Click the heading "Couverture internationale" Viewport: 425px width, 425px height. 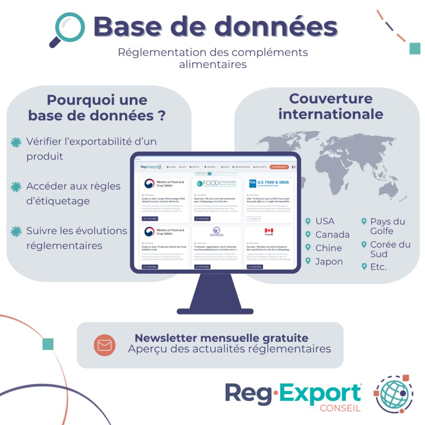(x=330, y=106)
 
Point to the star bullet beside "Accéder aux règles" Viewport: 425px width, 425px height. (x=16, y=187)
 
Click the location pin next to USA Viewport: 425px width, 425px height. (x=308, y=221)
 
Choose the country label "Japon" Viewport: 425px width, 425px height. (x=329, y=261)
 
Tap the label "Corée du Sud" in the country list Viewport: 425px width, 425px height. (x=390, y=249)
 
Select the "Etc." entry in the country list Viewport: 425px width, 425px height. (x=378, y=267)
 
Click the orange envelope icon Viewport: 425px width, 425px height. (x=104, y=345)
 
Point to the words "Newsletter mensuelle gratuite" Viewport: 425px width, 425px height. (x=221, y=337)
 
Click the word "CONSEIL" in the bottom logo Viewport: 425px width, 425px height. (x=340, y=408)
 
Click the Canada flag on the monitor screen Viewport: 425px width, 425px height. (x=269, y=231)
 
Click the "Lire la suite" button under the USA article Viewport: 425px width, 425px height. (x=254, y=218)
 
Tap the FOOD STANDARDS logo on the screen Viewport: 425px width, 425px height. (x=216, y=183)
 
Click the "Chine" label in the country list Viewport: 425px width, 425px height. (x=328, y=248)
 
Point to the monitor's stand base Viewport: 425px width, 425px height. (x=215, y=311)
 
